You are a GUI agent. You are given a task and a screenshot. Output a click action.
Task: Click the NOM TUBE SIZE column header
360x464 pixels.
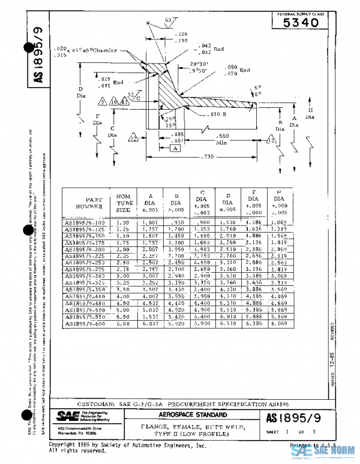[x=124, y=203]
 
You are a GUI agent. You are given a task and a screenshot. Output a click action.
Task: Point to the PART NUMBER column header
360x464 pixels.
[x=89, y=203]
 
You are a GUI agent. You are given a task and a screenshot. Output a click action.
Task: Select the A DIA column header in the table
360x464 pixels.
[x=150, y=203]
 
